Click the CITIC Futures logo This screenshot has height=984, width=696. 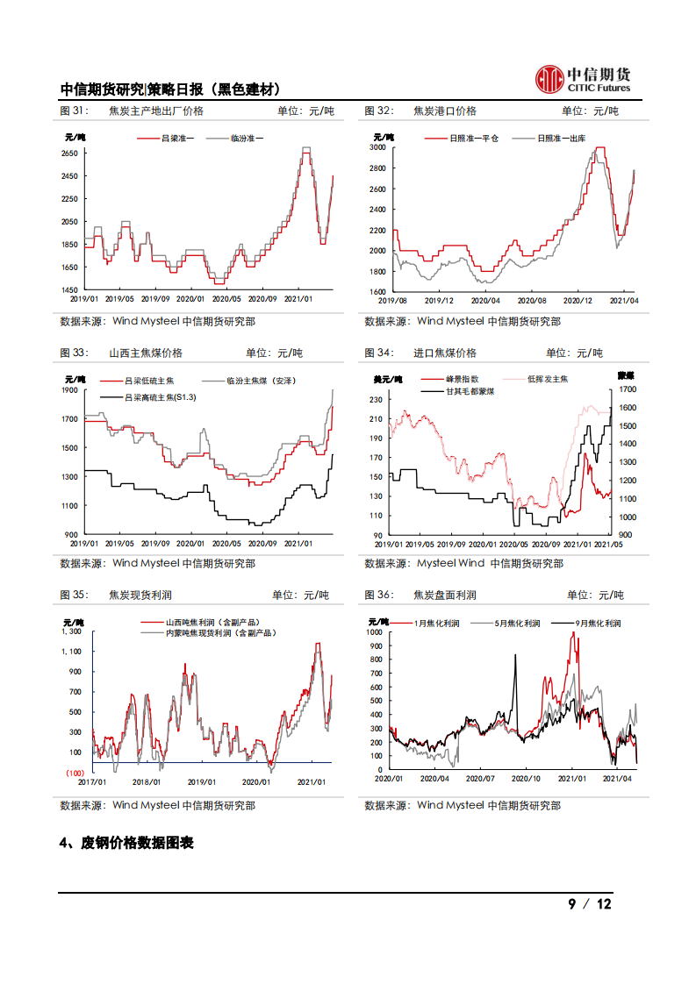[x=583, y=79]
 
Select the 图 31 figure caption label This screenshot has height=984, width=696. [x=74, y=111]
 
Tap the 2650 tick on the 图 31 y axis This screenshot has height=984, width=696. [x=69, y=153]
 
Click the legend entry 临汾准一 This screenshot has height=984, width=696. [x=247, y=139]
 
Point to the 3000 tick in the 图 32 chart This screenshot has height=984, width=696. [x=377, y=147]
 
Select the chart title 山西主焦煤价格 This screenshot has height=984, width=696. [x=146, y=353]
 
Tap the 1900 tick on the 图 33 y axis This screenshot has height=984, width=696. [x=69, y=390]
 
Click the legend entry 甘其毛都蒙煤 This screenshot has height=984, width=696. [x=470, y=391]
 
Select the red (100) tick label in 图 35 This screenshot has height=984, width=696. [x=73, y=773]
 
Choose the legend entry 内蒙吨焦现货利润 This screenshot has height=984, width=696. [x=220, y=632]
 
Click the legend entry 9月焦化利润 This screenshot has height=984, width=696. [x=598, y=623]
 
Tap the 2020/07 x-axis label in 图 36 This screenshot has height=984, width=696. [x=480, y=778]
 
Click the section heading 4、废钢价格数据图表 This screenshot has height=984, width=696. [x=126, y=843]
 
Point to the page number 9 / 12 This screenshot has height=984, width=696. [x=590, y=904]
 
